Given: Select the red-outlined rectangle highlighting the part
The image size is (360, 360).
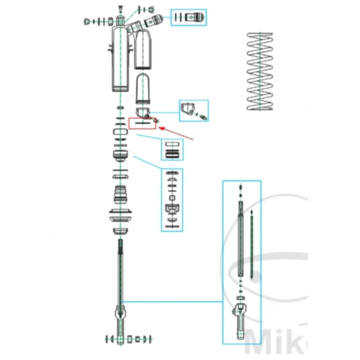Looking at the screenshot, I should tap(142, 123).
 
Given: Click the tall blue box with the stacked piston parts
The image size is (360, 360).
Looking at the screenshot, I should tap(173, 199).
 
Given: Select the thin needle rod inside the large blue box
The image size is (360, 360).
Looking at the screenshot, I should tap(254, 242).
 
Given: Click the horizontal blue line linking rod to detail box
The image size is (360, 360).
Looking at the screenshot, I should tap(173, 300).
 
